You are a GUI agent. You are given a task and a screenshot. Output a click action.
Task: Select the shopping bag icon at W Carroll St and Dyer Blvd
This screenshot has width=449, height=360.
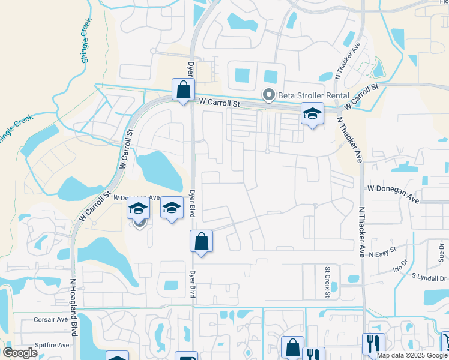pos(182,90)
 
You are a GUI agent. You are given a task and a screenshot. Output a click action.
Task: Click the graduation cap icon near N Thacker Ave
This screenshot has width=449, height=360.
pos(312,114)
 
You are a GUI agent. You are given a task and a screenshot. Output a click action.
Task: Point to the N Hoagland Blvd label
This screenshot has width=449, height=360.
pos(74,306)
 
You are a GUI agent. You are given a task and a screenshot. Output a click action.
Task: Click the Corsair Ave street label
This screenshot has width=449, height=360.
pos(51,320)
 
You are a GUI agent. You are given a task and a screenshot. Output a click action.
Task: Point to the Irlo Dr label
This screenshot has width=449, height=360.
pos(400,265)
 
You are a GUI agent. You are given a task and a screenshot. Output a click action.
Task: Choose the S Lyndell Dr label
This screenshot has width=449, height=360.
pos(429,278)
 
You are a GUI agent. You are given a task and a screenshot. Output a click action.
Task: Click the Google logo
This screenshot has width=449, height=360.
pos(20,352)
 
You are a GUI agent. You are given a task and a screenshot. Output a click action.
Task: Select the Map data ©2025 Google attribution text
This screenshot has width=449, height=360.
pos(411,355)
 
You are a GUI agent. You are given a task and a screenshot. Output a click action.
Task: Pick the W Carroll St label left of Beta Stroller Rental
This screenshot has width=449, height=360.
pos(219,103)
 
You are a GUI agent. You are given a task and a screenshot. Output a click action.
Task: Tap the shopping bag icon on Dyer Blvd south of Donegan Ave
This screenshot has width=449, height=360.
pos(202,242)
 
